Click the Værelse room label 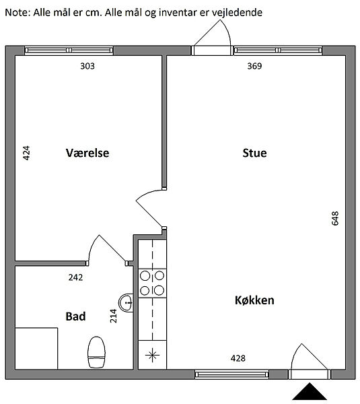click(x=87, y=153)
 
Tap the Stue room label click(x=254, y=153)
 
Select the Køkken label click(x=254, y=300)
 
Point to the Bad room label click(x=75, y=316)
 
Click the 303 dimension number click(x=87, y=66)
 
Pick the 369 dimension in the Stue click(x=254, y=66)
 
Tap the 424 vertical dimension click(x=26, y=153)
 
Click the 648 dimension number click(x=335, y=218)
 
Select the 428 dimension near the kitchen click(x=238, y=358)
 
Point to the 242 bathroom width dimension click(x=75, y=277)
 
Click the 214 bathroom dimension click(x=113, y=316)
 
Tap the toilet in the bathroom click(x=97, y=352)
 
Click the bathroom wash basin click(x=127, y=303)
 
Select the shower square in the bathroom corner click(x=36, y=348)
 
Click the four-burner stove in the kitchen click(x=152, y=283)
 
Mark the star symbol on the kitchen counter click(x=152, y=356)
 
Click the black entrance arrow click(x=310, y=391)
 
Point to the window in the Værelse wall click(x=69, y=50)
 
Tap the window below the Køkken click(x=231, y=374)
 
